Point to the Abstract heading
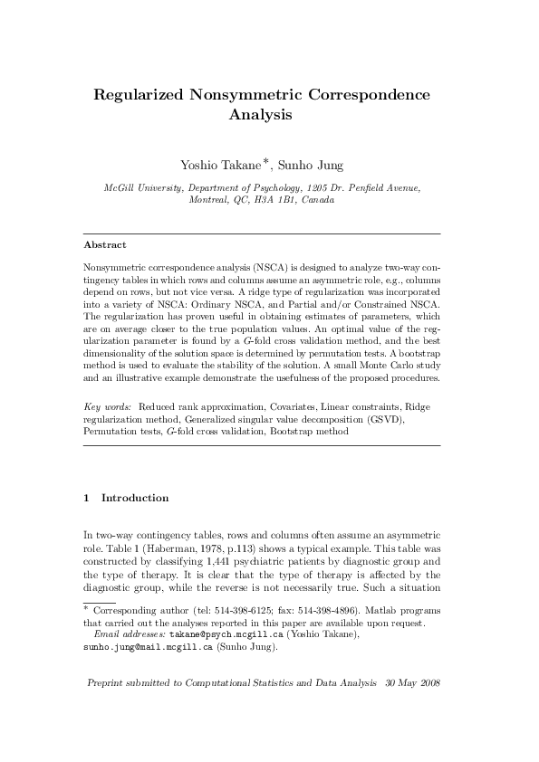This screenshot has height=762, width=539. pos(105,245)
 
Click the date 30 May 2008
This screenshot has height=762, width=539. pos(412,707)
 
